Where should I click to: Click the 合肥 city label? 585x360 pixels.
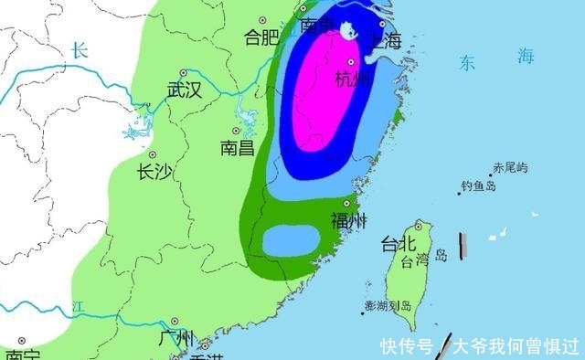click(x=261, y=37)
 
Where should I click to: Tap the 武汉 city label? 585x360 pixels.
click(x=183, y=90)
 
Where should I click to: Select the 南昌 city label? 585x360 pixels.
click(x=237, y=147)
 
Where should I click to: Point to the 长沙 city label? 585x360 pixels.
click(x=154, y=172)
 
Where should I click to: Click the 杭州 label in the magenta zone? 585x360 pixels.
click(x=354, y=79)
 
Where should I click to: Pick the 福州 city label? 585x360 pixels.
click(x=348, y=220)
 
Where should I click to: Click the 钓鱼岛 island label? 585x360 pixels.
click(x=478, y=186)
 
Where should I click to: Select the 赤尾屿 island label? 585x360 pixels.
click(x=510, y=167)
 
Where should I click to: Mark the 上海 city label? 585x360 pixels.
click(x=383, y=40)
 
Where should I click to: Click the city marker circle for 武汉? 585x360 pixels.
click(x=184, y=72)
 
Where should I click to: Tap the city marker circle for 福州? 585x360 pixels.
click(x=346, y=204)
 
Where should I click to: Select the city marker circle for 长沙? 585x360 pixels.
click(x=153, y=154)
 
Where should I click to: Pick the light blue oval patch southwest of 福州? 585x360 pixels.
click(x=291, y=239)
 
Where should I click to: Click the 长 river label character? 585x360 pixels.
click(x=80, y=51)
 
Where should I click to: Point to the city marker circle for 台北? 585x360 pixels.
click(x=419, y=225)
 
